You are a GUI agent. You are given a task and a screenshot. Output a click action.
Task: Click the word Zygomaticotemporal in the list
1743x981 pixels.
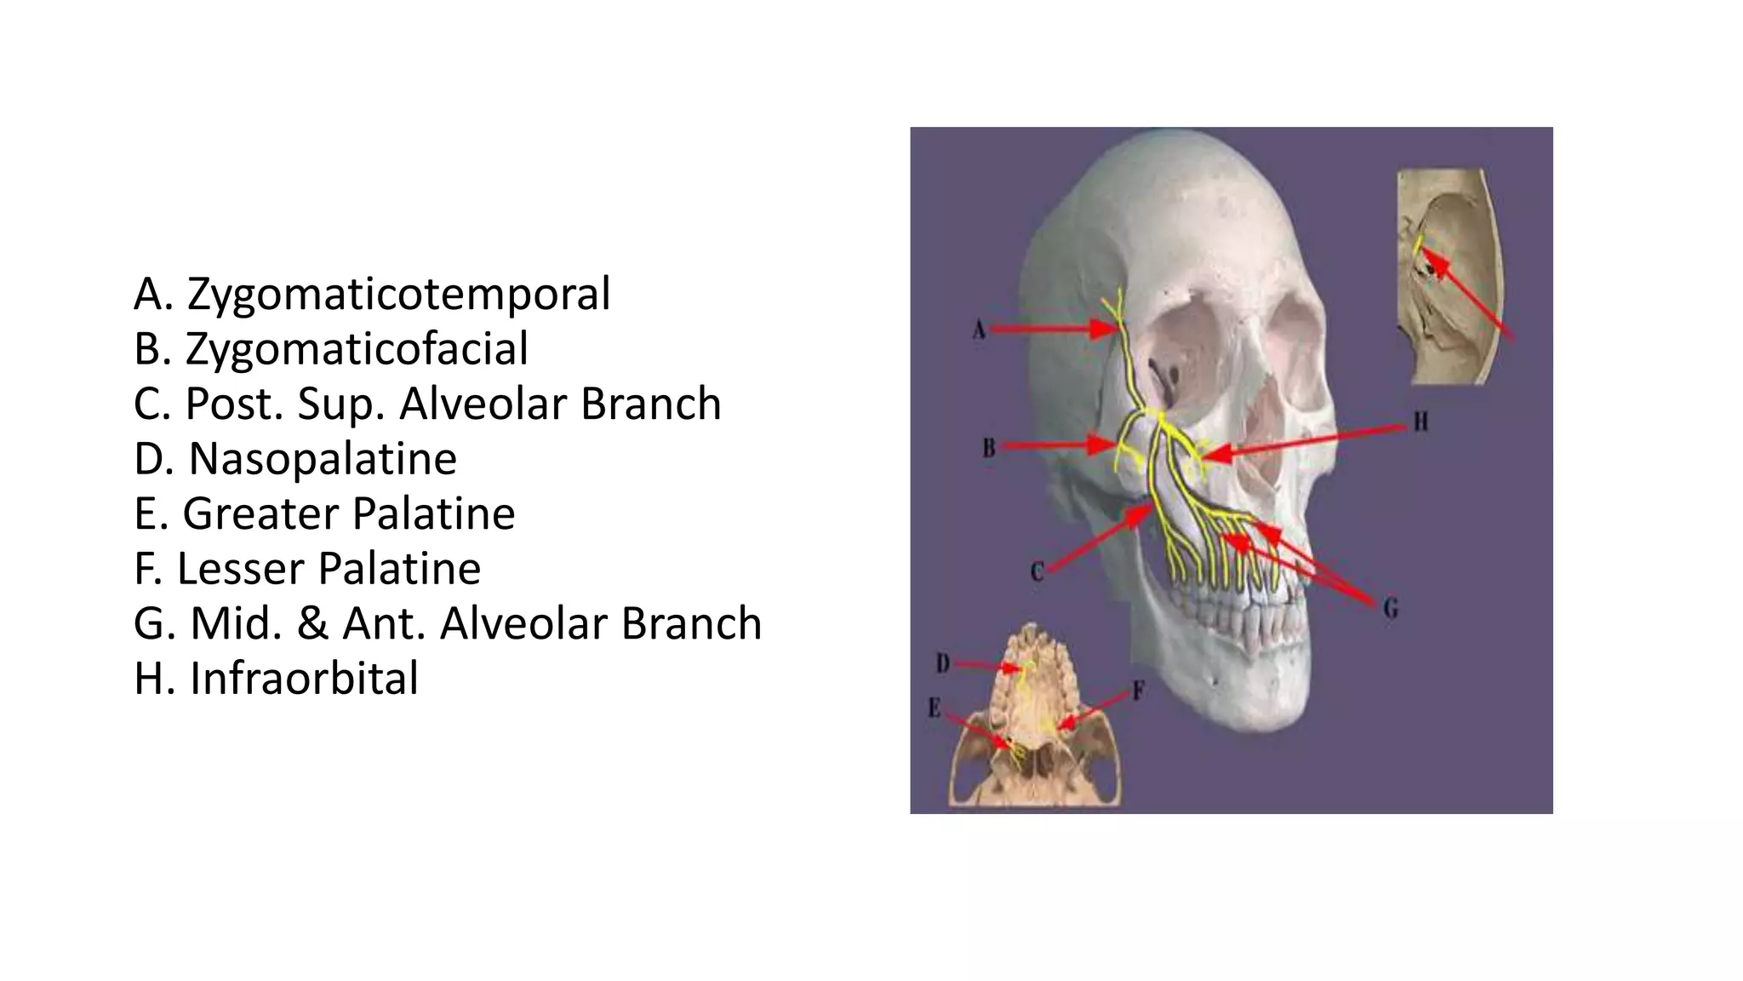tap(398, 295)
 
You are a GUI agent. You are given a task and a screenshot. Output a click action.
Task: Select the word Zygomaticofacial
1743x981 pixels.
tap(357, 349)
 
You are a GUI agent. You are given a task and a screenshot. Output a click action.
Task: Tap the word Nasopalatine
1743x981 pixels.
tap(323, 459)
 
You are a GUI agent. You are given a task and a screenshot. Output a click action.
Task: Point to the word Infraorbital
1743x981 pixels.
tap(304, 679)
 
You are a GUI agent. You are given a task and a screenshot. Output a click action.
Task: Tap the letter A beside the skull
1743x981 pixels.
tap(979, 330)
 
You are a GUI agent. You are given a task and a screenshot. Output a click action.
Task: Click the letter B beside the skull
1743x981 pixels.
tap(988, 447)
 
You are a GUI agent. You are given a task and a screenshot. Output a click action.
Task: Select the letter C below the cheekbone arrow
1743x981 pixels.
tap(1037, 571)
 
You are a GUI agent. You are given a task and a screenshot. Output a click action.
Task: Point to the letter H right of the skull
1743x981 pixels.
tap(1420, 422)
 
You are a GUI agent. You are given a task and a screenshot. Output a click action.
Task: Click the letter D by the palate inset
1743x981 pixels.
tap(943, 663)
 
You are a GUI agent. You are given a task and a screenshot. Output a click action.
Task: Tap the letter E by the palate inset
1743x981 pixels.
tap(934, 708)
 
